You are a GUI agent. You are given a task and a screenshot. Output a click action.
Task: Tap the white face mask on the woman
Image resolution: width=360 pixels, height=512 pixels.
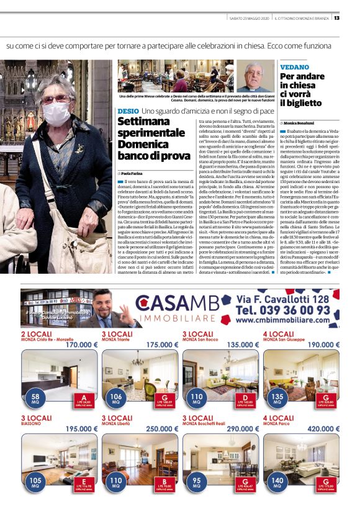click(56, 113)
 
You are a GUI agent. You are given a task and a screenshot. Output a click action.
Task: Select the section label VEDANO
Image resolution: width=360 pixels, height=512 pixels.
click(294, 66)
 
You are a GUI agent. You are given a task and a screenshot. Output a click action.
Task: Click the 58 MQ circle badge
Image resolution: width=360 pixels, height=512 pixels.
click(35, 398)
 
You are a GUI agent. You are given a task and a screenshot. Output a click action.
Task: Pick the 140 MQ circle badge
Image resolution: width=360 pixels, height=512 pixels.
click(277, 482)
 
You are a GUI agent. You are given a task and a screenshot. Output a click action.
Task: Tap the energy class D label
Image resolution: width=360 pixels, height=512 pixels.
click(245, 398)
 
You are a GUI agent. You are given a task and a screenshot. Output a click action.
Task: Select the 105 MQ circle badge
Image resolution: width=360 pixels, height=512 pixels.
click(35, 482)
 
